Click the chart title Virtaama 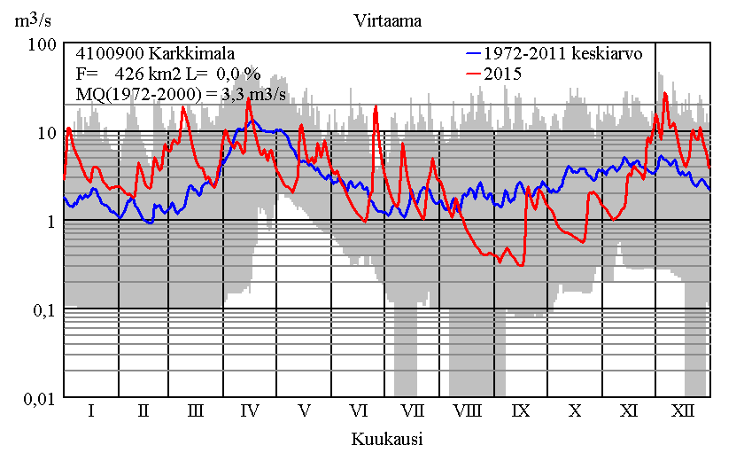click(x=386, y=19)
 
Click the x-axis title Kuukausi click(x=386, y=439)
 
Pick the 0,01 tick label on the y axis click(x=40, y=399)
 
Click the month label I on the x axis click(x=90, y=411)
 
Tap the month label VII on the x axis click(x=412, y=411)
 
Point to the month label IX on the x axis click(x=521, y=411)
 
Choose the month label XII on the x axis click(x=683, y=411)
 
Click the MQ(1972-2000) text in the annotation click(x=133, y=96)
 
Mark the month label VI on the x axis click(x=359, y=411)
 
